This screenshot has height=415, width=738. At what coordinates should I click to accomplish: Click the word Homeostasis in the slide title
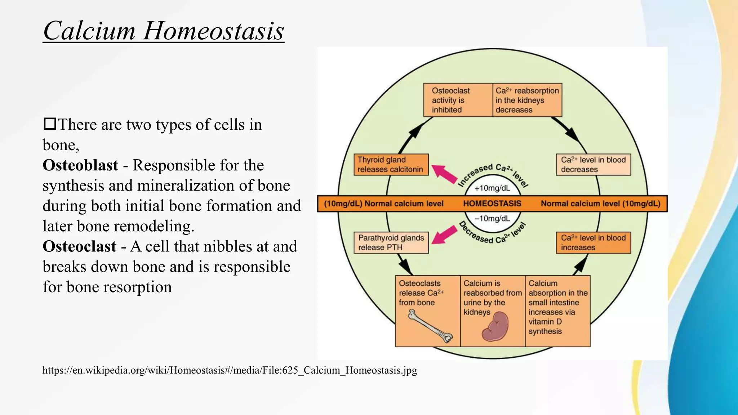click(213, 31)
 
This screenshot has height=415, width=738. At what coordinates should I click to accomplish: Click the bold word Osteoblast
click(80, 165)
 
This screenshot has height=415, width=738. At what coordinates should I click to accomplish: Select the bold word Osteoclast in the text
click(79, 246)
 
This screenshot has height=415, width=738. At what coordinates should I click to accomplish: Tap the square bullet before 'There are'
click(49, 124)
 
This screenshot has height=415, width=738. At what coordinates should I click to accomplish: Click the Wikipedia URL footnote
click(230, 370)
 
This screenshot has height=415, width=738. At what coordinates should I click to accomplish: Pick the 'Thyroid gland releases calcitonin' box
click(391, 165)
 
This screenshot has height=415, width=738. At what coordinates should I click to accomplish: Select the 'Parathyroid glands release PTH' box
click(391, 242)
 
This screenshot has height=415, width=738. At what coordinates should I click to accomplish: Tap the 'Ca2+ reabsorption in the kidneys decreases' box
click(527, 100)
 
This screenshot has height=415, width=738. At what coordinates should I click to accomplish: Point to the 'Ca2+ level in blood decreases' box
click(593, 165)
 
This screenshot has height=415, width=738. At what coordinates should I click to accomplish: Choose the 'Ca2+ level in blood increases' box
click(593, 242)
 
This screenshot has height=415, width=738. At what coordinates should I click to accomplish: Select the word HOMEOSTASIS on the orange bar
click(492, 204)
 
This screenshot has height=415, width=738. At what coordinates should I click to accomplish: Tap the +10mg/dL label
click(492, 188)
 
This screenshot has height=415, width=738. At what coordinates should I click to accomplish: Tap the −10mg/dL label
click(492, 219)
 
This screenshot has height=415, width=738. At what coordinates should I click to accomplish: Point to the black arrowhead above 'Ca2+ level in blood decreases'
click(573, 135)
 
